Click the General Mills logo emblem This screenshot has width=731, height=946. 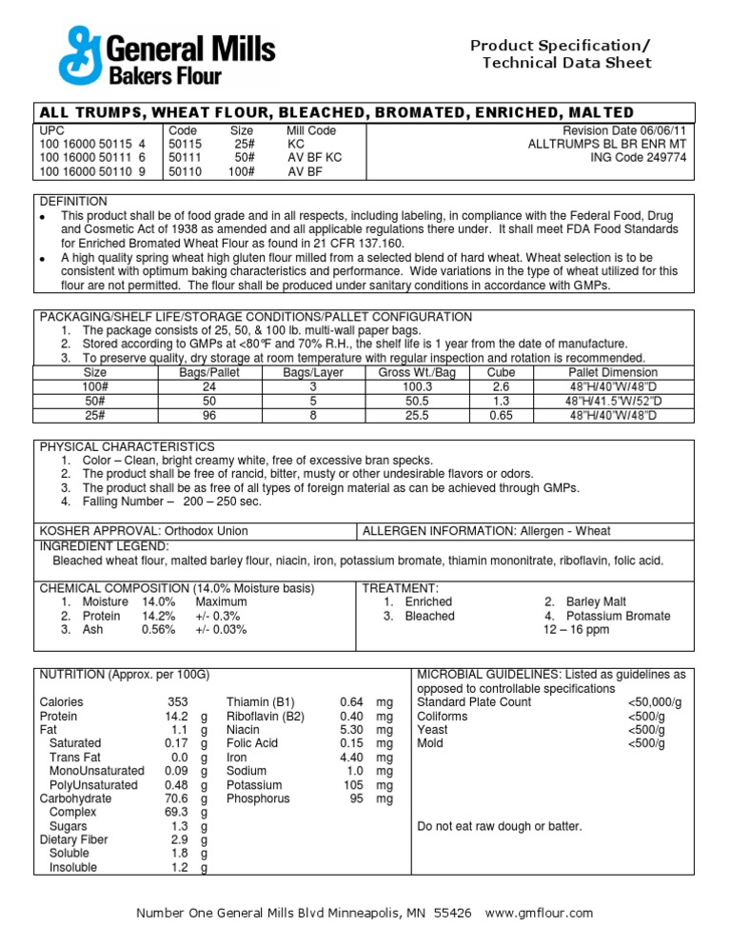coord(78,55)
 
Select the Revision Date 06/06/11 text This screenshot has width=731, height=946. coord(623,130)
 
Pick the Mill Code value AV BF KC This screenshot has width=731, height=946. coord(315,158)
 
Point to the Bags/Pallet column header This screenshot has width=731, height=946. coord(209,373)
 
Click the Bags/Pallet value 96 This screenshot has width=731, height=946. coord(209,415)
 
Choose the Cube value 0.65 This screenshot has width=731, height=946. coord(501,415)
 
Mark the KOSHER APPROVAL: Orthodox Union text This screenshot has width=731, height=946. coord(143,530)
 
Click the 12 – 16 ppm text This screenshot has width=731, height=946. coord(576,629)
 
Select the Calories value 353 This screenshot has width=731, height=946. coord(177,702)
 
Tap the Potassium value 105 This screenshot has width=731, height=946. coord(354,785)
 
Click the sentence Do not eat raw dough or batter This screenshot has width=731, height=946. coord(500,826)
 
